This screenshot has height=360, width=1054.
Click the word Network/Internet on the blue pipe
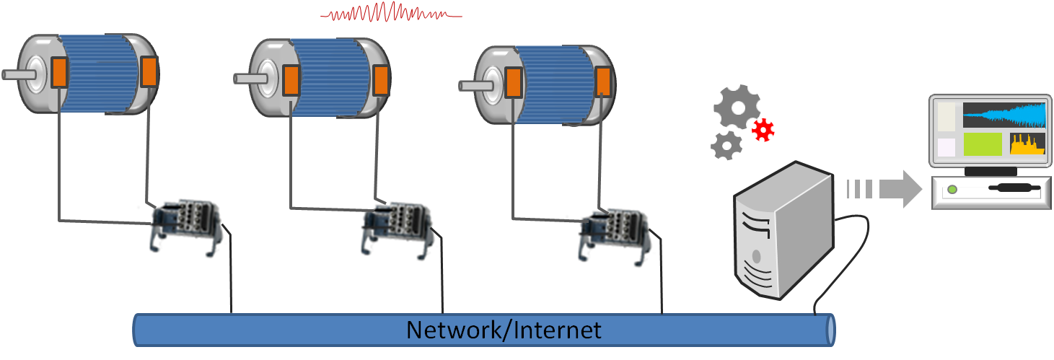pyautogui.click(x=503, y=330)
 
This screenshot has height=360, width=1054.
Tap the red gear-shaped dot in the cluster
pyautogui.click(x=763, y=130)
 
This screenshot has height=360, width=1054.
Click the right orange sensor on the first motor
pyautogui.click(x=149, y=71)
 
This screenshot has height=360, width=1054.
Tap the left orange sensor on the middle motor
pyautogui.click(x=291, y=79)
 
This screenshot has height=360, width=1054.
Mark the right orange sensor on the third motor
pyautogui.click(x=603, y=81)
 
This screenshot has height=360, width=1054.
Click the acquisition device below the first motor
pyautogui.click(x=185, y=225)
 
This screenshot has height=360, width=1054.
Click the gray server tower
pyautogui.click(x=781, y=229)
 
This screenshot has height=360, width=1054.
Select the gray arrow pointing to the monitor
pyautogui.click(x=885, y=189)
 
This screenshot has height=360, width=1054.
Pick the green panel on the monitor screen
pyautogui.click(x=982, y=144)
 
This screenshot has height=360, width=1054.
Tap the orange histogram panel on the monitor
pyautogui.click(x=1027, y=144)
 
